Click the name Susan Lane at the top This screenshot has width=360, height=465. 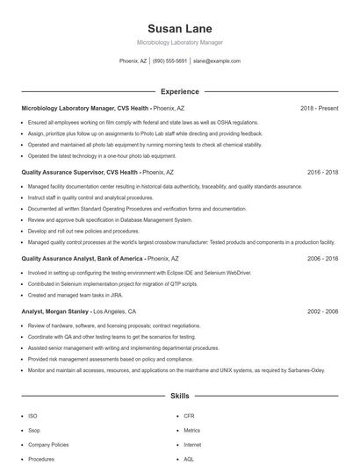180,29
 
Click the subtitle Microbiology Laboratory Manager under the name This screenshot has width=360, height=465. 180,42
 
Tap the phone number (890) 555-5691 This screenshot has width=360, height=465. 169,61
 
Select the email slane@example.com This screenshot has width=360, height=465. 217,61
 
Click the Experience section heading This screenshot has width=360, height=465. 180,91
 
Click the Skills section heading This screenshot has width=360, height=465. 180,397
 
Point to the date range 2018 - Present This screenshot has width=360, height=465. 319,109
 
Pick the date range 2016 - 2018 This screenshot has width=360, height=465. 322,173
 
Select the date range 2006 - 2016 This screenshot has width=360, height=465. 322,260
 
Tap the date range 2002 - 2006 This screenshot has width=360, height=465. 322,311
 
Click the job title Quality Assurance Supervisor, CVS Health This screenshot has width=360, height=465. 80,173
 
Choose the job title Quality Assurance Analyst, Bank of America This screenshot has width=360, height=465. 83,260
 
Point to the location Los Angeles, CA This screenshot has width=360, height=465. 114,311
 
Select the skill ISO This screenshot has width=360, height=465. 32,416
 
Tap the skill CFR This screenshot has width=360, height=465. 189,416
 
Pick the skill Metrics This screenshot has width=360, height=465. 192,431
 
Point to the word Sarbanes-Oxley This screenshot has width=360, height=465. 305,370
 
